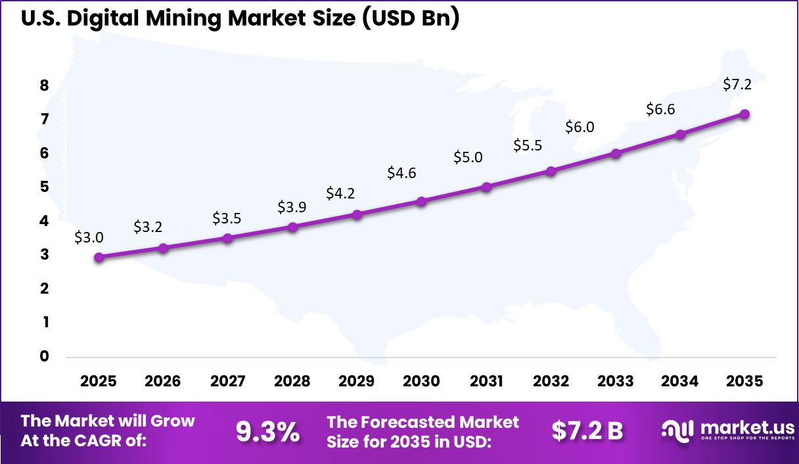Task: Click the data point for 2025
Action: [x=99, y=258]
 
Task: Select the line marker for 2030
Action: [x=422, y=202]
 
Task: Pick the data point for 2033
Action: [x=616, y=154]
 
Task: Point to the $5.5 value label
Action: [x=528, y=146]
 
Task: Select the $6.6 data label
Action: [x=660, y=110]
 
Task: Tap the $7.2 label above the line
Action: [x=737, y=84]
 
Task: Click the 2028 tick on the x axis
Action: [x=292, y=381]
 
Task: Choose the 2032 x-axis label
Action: [x=551, y=381]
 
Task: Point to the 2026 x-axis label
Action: [x=163, y=381]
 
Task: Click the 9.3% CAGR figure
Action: [x=267, y=432]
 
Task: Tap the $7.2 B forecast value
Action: [x=587, y=431]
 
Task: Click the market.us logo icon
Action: [x=676, y=430]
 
